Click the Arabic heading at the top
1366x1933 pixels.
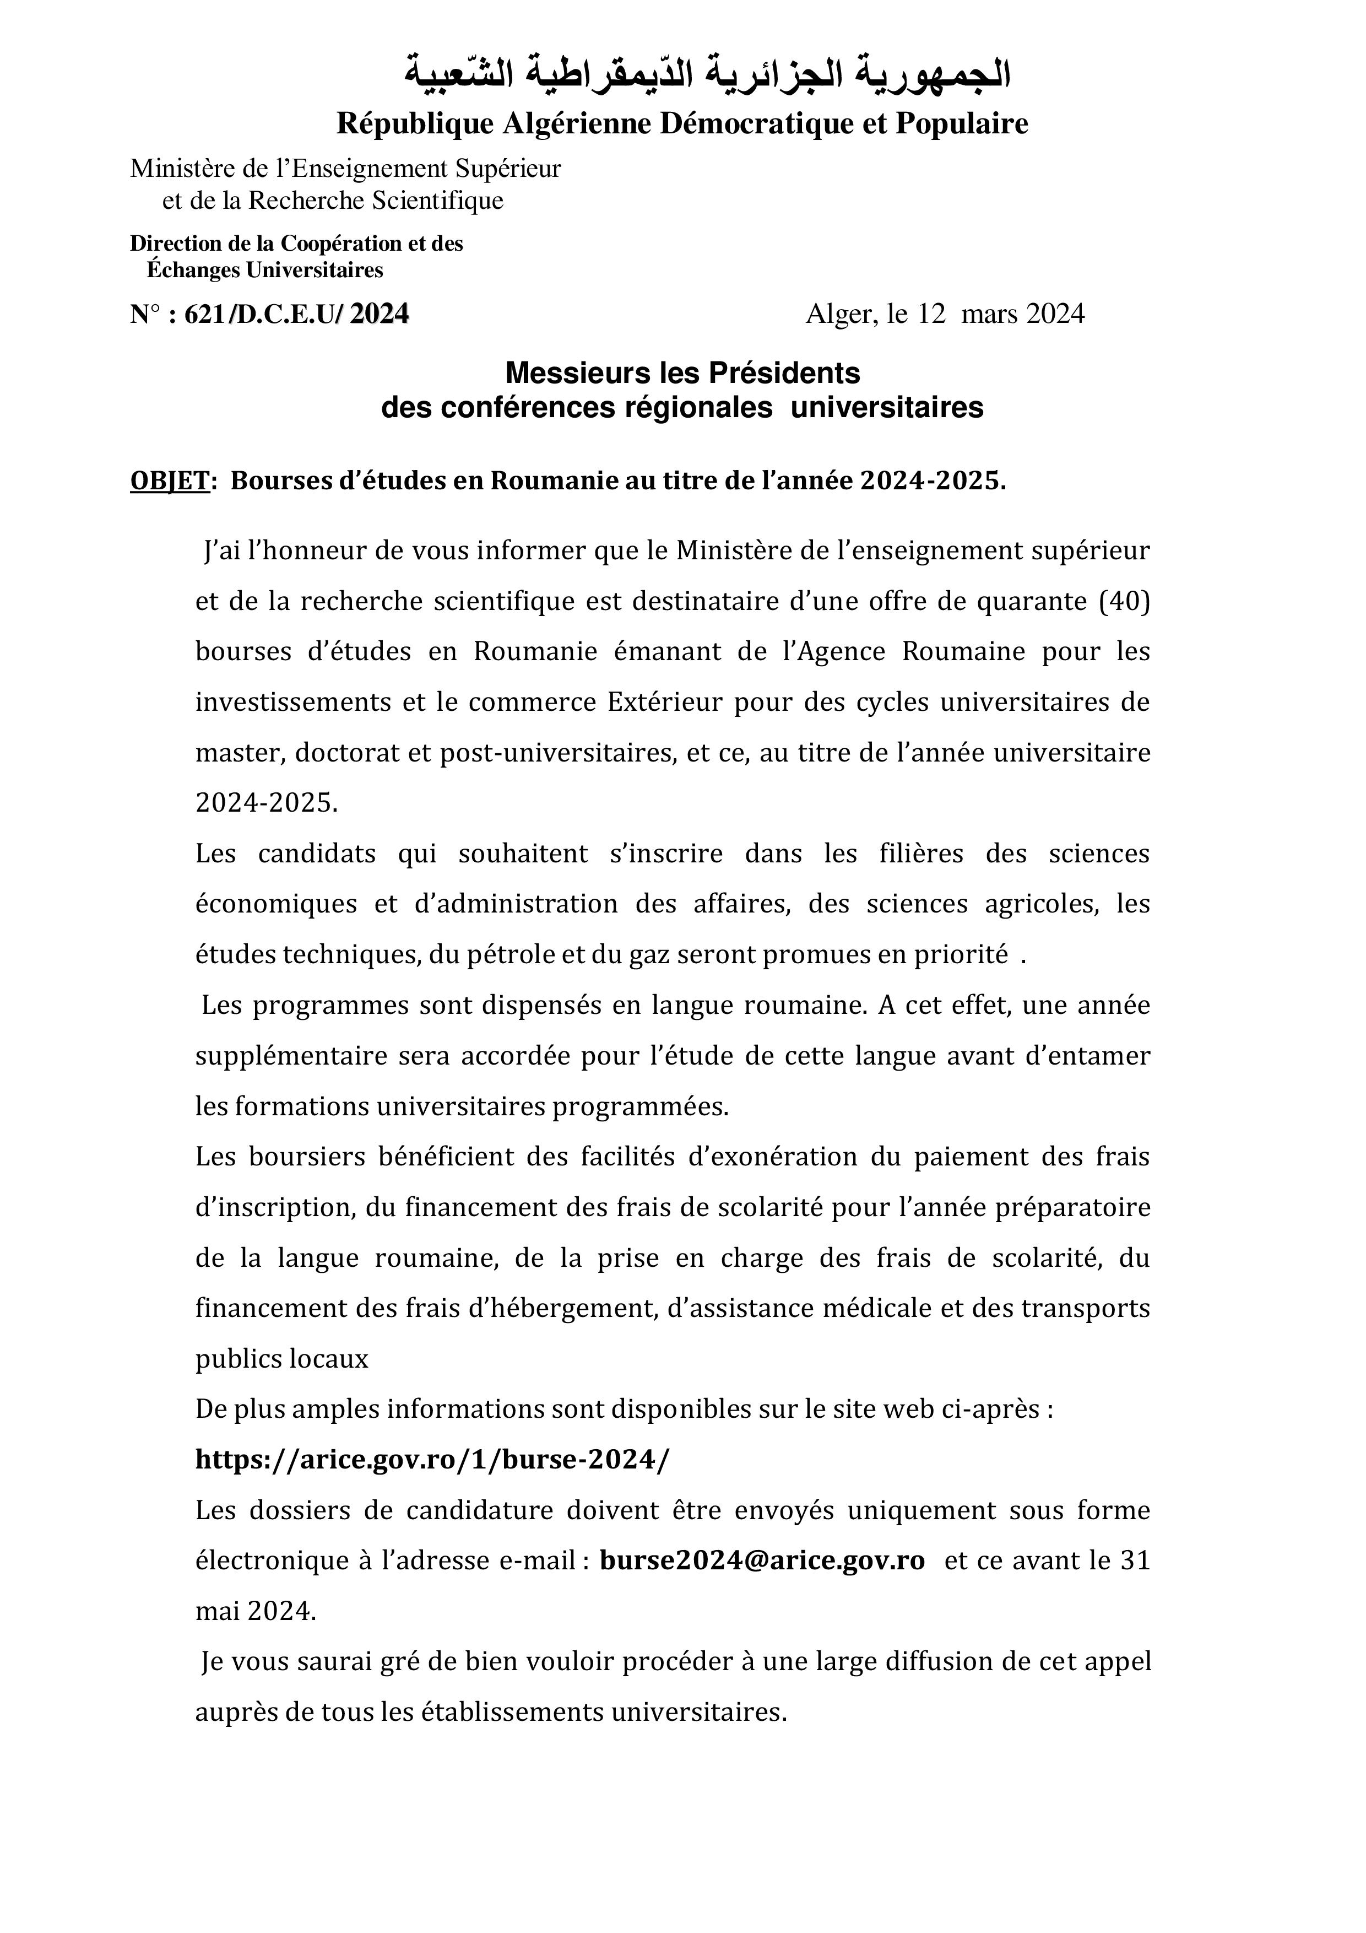(x=708, y=74)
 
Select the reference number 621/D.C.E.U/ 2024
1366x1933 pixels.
(x=295, y=314)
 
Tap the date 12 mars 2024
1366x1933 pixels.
(x=1001, y=314)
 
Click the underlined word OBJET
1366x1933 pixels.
(x=169, y=480)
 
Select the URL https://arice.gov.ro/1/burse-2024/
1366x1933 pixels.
(x=432, y=1459)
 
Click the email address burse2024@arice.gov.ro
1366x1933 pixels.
(x=762, y=1560)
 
